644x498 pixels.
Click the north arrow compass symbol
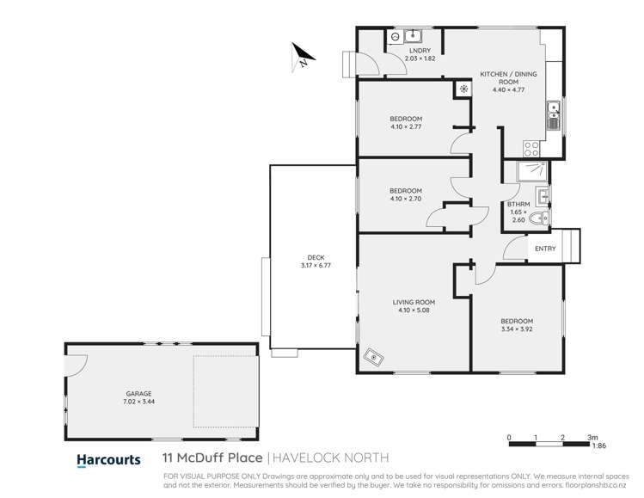click(301, 56)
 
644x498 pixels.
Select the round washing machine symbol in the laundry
click(395, 37)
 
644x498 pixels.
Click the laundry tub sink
click(413, 36)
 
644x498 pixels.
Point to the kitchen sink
click(553, 109)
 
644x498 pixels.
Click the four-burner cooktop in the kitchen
click(531, 148)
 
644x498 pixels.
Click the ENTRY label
click(545, 249)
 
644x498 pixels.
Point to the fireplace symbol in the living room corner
click(373, 355)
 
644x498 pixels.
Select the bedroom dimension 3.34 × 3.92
click(517, 328)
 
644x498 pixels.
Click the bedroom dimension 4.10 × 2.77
click(406, 127)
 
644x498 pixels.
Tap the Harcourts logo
click(108, 460)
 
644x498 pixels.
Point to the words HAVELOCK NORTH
click(332, 458)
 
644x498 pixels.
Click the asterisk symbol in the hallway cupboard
click(463, 89)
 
